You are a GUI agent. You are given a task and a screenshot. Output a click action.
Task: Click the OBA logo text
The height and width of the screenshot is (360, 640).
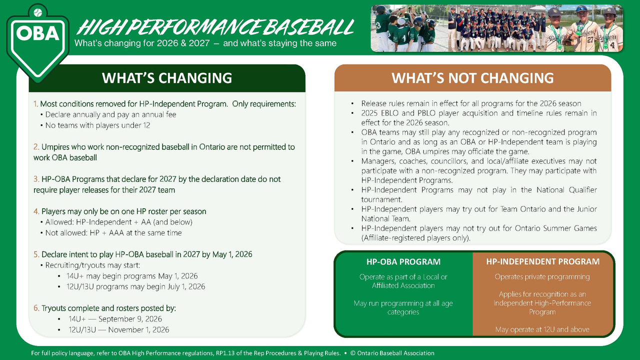pos(37,33)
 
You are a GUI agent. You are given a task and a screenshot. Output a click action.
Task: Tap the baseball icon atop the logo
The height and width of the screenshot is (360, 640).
pos(37,12)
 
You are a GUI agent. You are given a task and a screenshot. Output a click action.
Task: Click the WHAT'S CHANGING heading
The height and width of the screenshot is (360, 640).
pos(167,78)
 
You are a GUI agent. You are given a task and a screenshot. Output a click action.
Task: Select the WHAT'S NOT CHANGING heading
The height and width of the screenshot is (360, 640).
pos(472,78)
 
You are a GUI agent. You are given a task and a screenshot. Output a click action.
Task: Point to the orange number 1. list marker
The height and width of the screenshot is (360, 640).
pos(35,103)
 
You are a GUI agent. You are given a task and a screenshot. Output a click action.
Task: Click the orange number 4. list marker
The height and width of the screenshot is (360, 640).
pos(36,211)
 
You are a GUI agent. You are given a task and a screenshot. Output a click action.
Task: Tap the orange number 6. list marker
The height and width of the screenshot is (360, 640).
pos(36,308)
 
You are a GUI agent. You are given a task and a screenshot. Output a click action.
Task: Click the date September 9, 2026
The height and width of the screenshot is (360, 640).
pos(130,319)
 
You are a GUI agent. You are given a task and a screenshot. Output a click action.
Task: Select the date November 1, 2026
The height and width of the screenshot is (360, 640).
pos(138,329)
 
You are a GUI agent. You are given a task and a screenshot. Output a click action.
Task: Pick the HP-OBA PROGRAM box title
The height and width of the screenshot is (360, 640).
pos(403,261)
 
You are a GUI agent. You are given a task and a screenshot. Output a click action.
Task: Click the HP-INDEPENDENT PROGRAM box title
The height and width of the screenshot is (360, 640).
pos(543,261)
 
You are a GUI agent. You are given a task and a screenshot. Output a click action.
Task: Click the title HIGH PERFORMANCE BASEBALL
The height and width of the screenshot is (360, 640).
pos(215,27)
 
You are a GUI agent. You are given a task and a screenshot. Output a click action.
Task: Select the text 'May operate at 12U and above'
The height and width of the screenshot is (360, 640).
pos(542,329)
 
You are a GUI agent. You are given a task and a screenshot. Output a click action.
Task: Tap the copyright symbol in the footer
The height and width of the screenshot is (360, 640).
pos(353,353)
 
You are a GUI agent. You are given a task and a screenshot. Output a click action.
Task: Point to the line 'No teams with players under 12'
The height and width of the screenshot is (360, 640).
pos(97,125)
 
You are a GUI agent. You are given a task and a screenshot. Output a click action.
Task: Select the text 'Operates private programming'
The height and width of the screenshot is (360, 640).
pos(542,277)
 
